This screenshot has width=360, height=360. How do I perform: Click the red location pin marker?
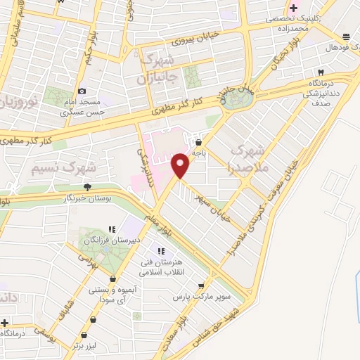(181, 165)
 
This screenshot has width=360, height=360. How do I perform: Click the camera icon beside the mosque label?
(82, 91)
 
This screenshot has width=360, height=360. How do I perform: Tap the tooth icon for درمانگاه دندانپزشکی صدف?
(321, 72)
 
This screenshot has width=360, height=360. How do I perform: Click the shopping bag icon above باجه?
(207, 141)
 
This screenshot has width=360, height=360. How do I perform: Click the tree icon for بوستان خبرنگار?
(87, 186)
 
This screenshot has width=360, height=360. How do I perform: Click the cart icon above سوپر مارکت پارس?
(202, 285)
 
